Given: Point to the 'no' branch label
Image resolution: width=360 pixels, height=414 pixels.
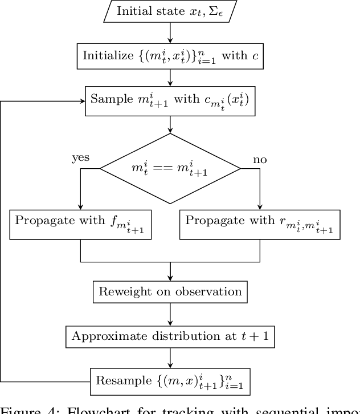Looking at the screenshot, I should coord(260,159).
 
